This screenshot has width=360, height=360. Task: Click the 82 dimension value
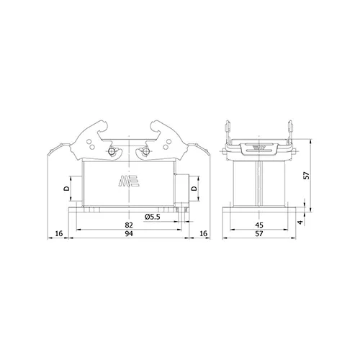coord(129,225)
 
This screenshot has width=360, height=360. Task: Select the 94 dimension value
coord(129,233)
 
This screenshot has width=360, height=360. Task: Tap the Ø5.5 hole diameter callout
coord(152,217)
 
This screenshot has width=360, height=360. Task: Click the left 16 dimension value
coord(59,233)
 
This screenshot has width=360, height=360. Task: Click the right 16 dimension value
coord(203,233)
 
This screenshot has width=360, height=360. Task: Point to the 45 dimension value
coord(259,225)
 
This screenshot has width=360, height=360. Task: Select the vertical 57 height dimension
coord(307,176)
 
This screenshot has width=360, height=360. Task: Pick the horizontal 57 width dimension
coord(259,233)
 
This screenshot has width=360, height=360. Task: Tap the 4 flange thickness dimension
coord(300,222)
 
